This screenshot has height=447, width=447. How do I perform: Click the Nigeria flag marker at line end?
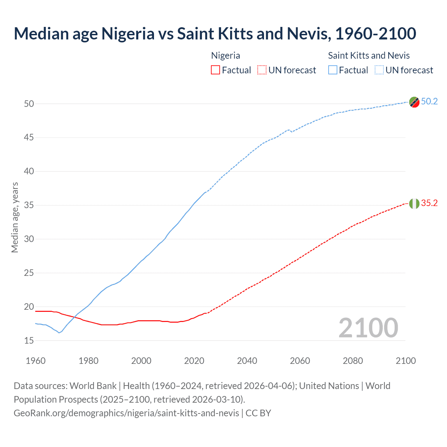click(414, 204)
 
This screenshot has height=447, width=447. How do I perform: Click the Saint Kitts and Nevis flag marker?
click(414, 102)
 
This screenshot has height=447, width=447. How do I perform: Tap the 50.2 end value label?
click(429, 101)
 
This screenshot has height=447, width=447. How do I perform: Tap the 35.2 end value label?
click(429, 203)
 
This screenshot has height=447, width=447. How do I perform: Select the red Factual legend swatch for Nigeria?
click(215, 70)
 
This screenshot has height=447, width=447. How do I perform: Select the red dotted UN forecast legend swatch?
click(262, 70)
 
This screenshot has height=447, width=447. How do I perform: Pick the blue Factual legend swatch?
click(333, 70)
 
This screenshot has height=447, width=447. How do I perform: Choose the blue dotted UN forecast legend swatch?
click(379, 70)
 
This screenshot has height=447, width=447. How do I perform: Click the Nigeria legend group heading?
click(226, 56)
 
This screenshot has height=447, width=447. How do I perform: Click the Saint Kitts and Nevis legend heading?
click(369, 56)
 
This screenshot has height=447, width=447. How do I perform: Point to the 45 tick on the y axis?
click(29, 138)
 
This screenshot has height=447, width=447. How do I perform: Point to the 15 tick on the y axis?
click(29, 340)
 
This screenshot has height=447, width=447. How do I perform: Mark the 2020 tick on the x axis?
click(194, 361)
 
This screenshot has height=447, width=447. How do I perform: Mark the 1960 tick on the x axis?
click(36, 361)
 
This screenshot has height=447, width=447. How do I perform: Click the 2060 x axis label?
click(300, 361)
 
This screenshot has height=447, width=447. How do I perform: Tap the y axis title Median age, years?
click(15, 217)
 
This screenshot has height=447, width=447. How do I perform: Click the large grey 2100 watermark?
click(368, 328)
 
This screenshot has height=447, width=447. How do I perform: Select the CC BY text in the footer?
click(258, 413)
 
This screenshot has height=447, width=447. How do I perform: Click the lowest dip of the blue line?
click(59, 333)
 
